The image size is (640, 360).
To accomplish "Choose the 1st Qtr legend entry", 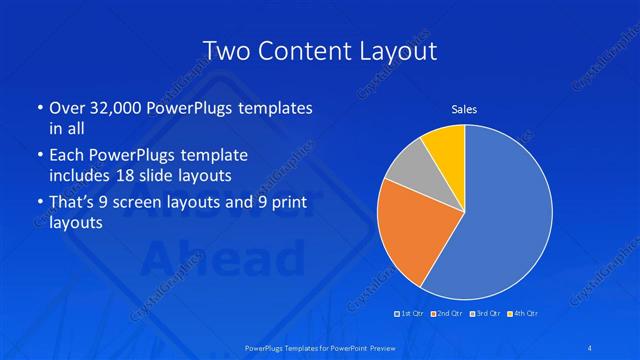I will (411, 313).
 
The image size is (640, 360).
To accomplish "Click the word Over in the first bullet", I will (67, 108).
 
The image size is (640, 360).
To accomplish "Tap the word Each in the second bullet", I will (67, 156).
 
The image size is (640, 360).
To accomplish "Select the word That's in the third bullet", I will (73, 204).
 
